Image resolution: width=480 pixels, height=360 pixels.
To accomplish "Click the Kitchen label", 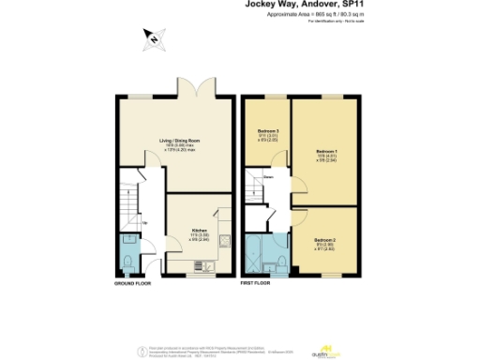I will click(x=199, y=232).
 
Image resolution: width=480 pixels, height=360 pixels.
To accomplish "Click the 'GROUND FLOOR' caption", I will click(x=133, y=282).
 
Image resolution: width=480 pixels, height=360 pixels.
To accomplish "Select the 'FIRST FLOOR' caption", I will click(x=257, y=282).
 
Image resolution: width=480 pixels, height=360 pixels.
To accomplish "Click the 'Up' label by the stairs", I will click(x=144, y=222).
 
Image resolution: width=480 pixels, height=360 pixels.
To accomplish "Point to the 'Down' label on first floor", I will click(x=268, y=176).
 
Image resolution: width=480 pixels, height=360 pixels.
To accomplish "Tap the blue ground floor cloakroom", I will click(x=128, y=253).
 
